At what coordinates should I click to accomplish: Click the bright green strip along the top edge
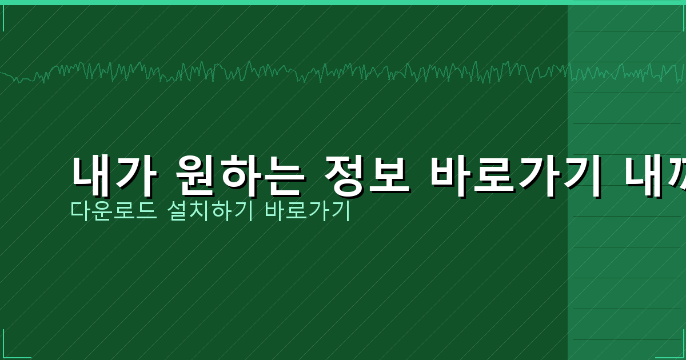(343, 2)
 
